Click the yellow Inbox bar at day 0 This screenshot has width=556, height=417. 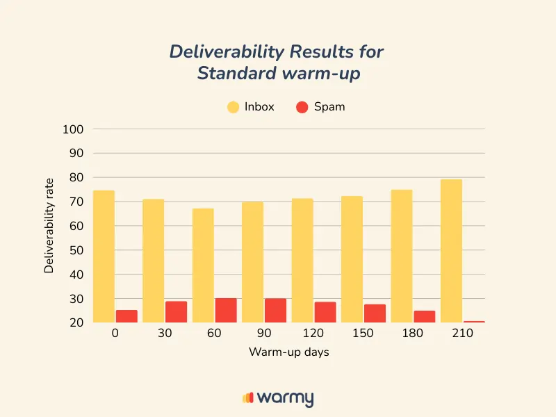104,256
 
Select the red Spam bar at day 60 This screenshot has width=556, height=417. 225,311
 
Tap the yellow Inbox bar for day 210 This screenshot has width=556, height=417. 451,251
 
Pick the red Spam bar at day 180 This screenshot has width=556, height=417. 424,316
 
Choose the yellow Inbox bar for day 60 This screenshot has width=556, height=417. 203,265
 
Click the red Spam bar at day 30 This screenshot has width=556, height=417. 176,312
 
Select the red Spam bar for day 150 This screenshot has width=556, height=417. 375,313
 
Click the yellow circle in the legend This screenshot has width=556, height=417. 233,107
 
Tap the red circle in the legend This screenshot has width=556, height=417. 302,107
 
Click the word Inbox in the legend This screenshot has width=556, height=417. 259,107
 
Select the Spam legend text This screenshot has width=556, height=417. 329,107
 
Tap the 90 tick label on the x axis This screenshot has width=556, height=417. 263,334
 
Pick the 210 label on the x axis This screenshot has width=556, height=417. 462,334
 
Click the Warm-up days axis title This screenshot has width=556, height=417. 288,352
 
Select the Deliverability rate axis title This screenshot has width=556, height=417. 49,226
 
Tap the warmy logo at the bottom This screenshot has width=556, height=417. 278,398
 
